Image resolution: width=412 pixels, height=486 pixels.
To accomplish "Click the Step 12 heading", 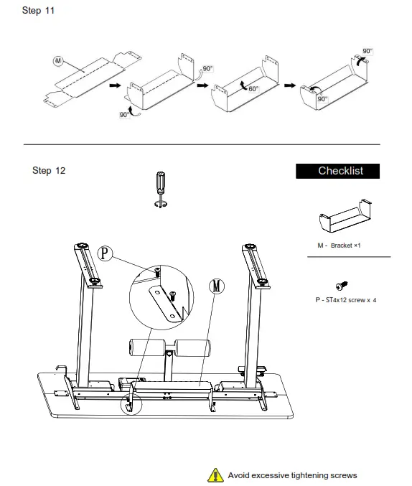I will coord(49,170).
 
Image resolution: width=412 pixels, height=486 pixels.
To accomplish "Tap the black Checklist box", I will coord(340,171).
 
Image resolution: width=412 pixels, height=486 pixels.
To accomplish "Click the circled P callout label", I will coord(106,253).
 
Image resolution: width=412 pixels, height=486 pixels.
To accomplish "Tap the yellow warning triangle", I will coord(215,475).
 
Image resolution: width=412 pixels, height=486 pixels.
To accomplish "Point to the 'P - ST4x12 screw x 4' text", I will coord(345,299).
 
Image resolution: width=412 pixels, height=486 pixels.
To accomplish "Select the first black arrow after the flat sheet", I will coord(114,85).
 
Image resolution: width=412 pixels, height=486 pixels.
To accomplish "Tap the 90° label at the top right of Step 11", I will coord(367,51).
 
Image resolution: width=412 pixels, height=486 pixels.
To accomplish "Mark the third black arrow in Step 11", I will coord(289,85).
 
